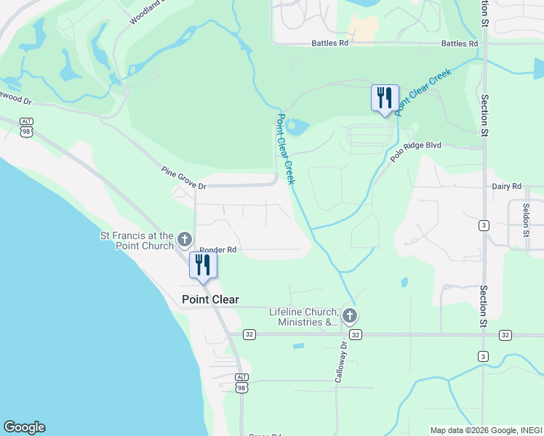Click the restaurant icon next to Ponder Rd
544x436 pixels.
pyautogui.click(x=203, y=265)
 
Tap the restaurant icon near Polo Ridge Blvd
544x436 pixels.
pyautogui.click(x=385, y=98)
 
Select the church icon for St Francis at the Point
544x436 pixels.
pyautogui.click(x=185, y=239)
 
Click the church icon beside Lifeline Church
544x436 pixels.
pyautogui.click(x=350, y=315)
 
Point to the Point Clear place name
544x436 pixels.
pyautogui.click(x=209, y=299)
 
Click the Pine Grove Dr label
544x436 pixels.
pyautogui.click(x=184, y=179)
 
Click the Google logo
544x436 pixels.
pyautogui.click(x=24, y=427)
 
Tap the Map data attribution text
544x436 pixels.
pyautogui.click(x=486, y=430)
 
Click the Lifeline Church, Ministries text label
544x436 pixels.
pyautogui.click(x=304, y=317)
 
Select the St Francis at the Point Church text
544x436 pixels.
pyautogui.click(x=137, y=241)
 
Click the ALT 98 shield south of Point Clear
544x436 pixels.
pyautogui.click(x=242, y=382)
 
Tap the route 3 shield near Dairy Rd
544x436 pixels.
pyautogui.click(x=484, y=226)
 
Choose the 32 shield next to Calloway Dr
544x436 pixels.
pyautogui.click(x=355, y=334)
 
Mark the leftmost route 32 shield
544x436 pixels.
pyautogui.click(x=249, y=334)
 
